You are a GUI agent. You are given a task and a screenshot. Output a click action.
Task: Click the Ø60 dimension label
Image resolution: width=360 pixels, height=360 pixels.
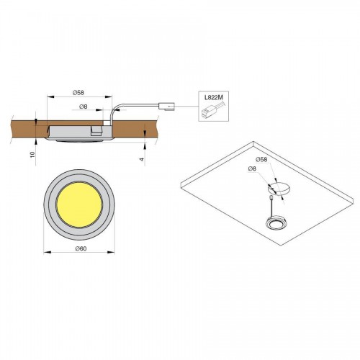pos(81,249)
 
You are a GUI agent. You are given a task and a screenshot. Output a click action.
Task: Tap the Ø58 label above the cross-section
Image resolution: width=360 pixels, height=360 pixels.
pos(78,92)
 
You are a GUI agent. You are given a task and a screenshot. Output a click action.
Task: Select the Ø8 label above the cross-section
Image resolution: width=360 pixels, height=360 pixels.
pos(83,107)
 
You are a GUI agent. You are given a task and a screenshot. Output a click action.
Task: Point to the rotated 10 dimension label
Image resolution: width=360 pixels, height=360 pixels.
pos(32,155)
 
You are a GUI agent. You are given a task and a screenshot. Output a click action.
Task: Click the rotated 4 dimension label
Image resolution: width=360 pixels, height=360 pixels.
pos(142,159)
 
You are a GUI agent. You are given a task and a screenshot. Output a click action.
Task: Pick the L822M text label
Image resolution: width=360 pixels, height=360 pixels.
pos(214,98)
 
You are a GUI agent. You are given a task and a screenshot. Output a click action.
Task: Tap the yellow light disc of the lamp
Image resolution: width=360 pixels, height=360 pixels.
pos(79,204)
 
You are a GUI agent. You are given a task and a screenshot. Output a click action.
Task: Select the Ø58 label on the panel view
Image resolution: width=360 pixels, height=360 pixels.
pos(261,159)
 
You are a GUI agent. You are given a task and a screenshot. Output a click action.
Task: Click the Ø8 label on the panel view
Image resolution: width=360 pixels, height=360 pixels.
pos(252,168)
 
